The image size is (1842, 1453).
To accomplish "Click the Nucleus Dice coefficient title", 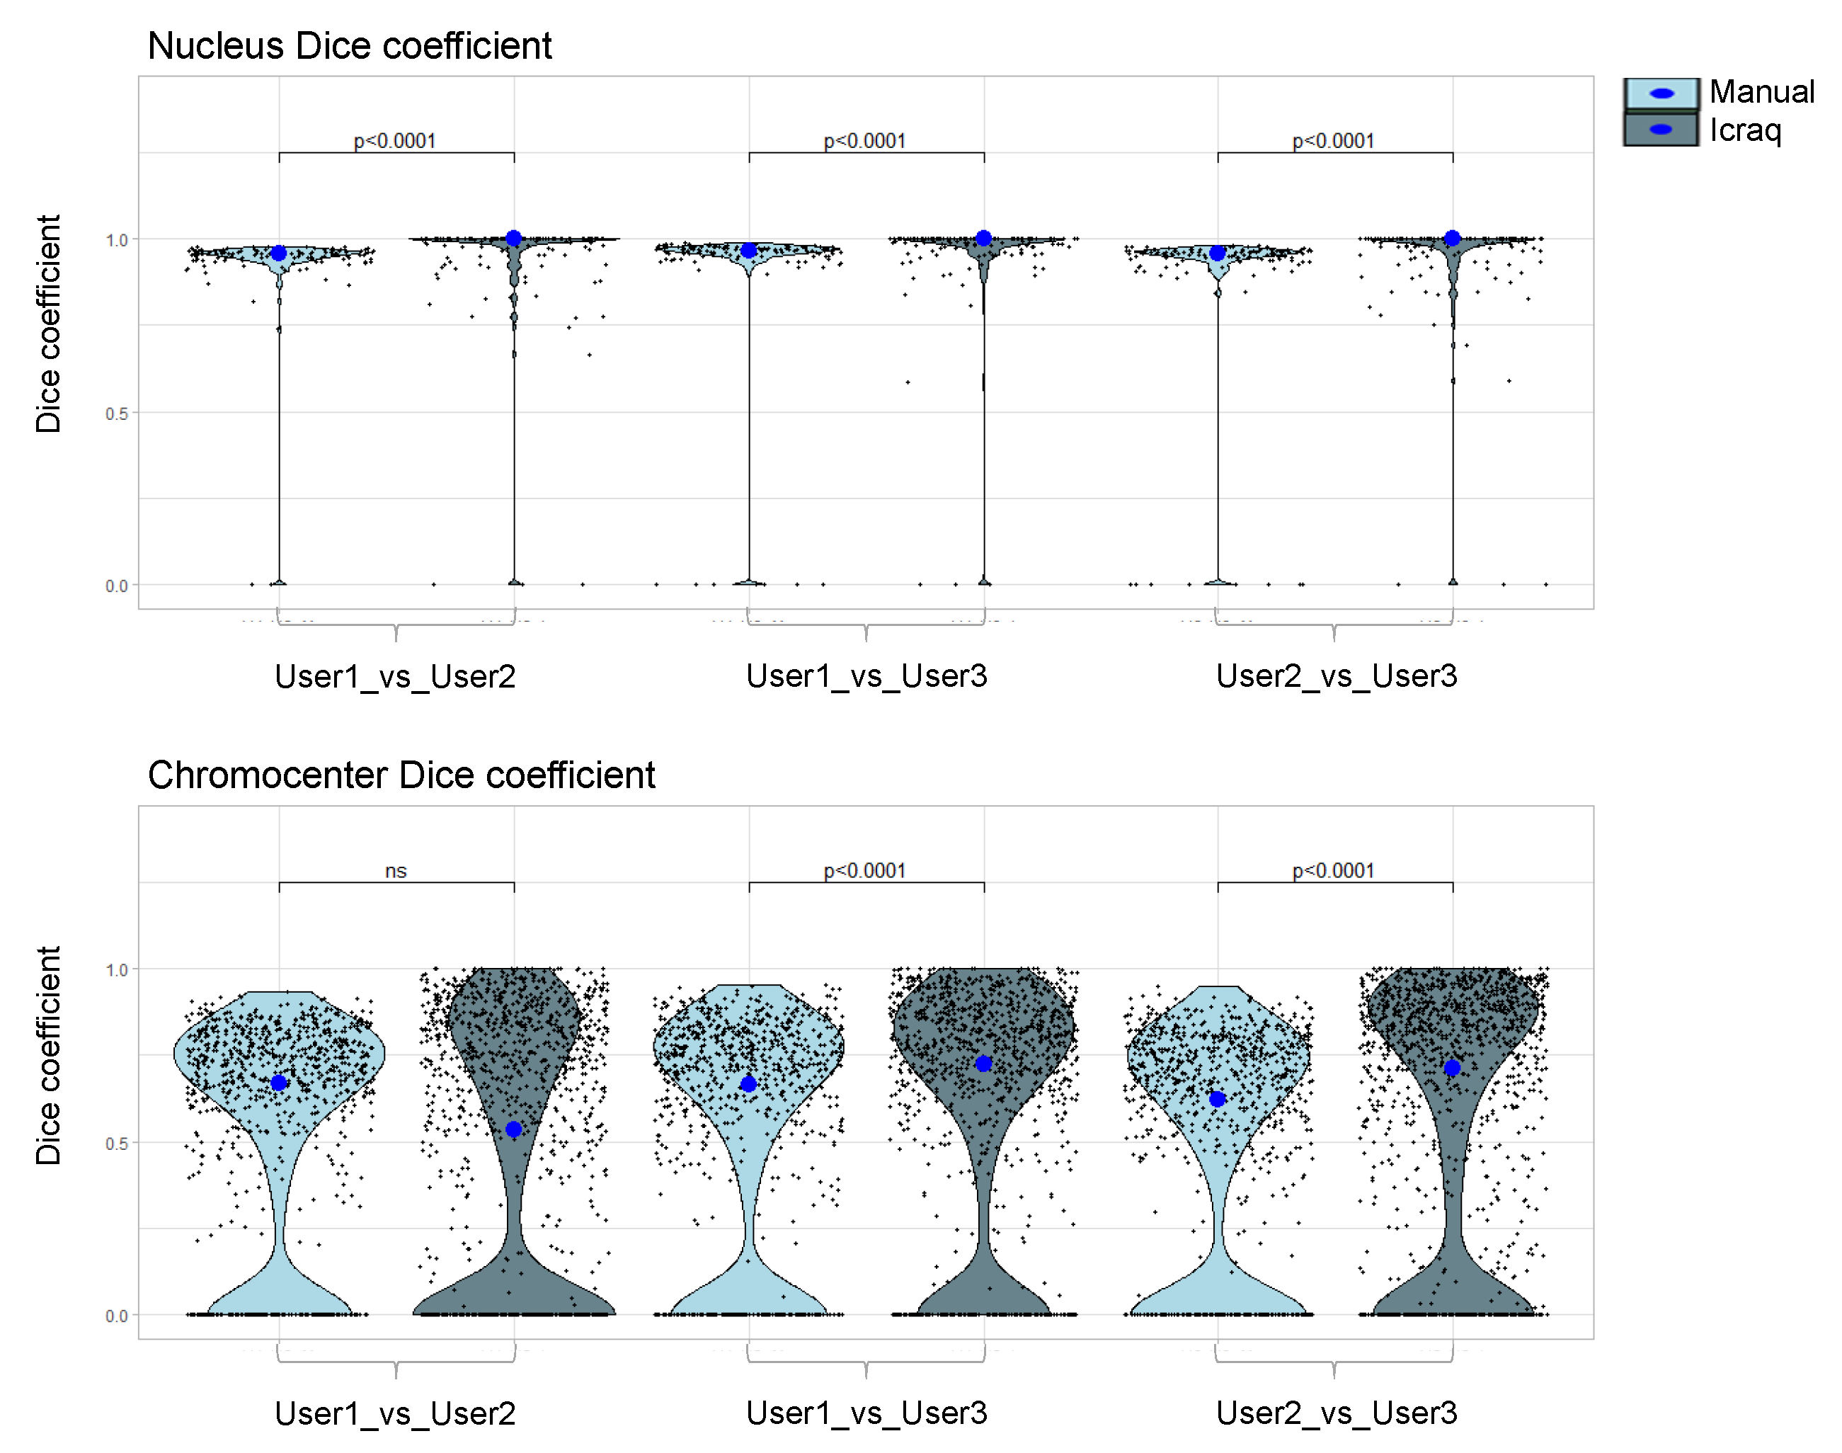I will point(350,46).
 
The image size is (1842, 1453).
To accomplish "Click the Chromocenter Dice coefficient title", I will point(401,775).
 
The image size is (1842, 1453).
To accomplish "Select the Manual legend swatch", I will point(1660,93).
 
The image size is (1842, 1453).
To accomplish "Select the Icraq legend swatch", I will point(1660,130).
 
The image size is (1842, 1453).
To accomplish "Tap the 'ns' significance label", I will point(396,871).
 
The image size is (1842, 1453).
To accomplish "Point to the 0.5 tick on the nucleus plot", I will point(117,414).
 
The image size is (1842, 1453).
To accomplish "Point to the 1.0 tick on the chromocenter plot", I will point(117,971).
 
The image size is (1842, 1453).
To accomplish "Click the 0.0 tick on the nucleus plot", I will point(117,586).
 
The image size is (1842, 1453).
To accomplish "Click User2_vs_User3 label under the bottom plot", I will point(1336,1414).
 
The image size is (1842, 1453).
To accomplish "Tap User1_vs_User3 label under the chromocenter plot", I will point(866,1414).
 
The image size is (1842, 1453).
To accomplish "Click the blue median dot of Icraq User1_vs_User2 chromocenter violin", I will point(514,1129).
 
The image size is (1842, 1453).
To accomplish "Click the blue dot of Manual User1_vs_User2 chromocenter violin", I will point(279,1083).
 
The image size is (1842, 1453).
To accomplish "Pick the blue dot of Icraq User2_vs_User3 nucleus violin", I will point(1453,238).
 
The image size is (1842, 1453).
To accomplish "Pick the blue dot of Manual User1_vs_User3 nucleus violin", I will point(748,250).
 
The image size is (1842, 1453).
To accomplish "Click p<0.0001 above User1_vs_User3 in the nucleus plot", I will point(865,141).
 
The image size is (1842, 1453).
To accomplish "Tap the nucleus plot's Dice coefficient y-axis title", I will point(48,324).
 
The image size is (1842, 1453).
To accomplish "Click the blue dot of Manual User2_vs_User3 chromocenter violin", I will point(1217,1099).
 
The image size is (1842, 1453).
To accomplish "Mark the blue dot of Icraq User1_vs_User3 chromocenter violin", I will point(984,1064).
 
